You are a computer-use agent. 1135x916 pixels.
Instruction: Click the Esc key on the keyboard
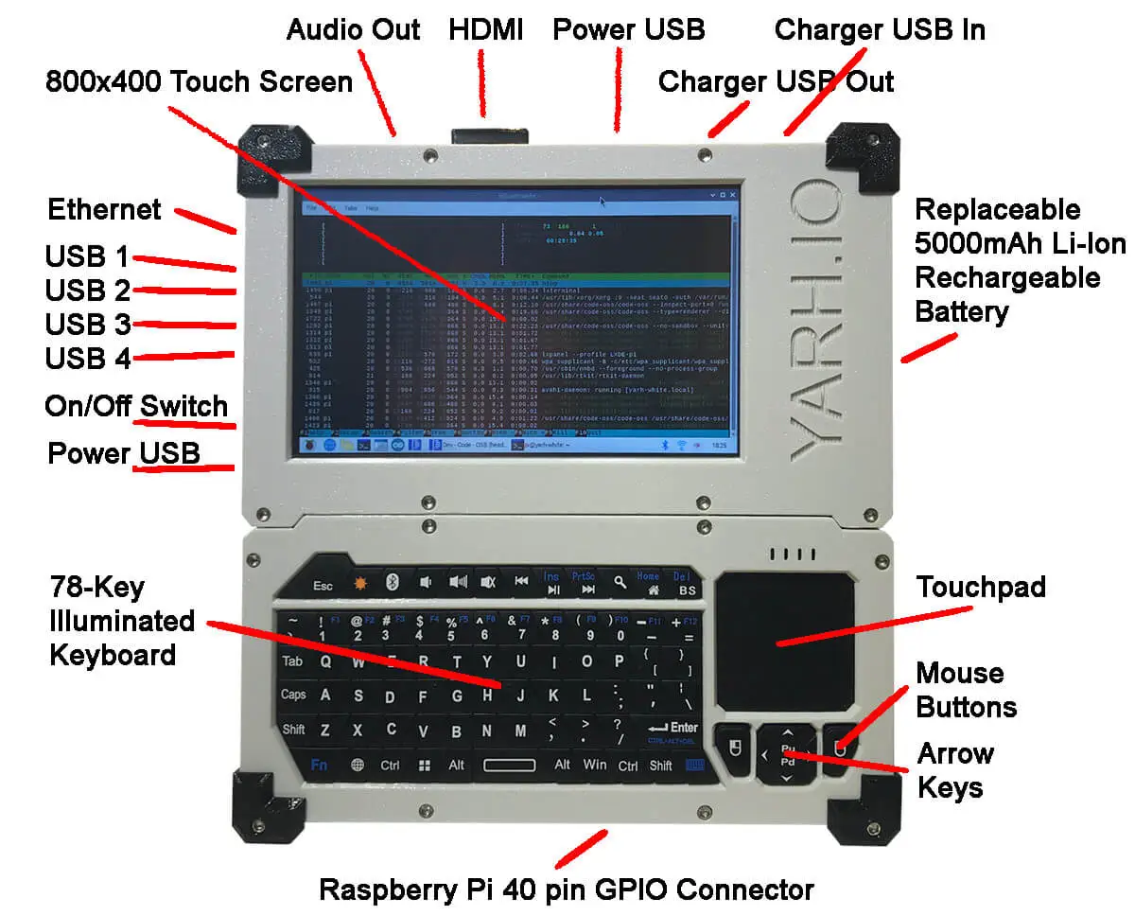pyautogui.click(x=323, y=586)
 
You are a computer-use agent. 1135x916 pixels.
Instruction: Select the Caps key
pyautogui.click(x=293, y=696)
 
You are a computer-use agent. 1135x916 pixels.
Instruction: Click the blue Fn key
pyautogui.click(x=319, y=765)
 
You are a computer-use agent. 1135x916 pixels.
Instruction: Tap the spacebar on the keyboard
pyautogui.click(x=509, y=765)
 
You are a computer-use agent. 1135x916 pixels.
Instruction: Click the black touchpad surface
pyautogui.click(x=784, y=641)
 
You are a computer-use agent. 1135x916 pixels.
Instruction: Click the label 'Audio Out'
pyautogui.click(x=353, y=29)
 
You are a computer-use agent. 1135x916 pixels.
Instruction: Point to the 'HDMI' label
pyautogui.click(x=485, y=29)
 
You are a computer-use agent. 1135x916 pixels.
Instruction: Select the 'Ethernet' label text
pyautogui.click(x=104, y=209)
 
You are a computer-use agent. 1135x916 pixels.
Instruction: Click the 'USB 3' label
pyautogui.click(x=87, y=325)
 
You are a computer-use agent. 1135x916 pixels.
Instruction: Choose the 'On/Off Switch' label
pyautogui.click(x=136, y=407)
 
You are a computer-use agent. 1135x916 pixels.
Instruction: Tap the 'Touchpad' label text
pyautogui.click(x=981, y=588)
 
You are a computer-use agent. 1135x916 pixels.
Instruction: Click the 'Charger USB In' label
pyautogui.click(x=880, y=29)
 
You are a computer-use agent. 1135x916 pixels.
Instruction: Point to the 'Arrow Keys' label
pyautogui.click(x=955, y=770)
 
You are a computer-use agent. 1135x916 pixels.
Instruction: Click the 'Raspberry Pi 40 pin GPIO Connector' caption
pyautogui.click(x=566, y=890)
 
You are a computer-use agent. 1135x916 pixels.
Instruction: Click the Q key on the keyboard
pyautogui.click(x=325, y=662)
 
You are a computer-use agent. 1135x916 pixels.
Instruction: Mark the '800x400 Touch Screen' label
pyautogui.click(x=199, y=81)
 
